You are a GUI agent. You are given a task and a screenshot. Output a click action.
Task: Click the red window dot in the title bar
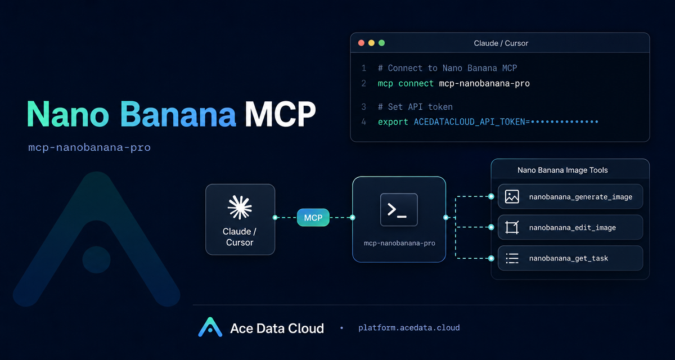click(361, 43)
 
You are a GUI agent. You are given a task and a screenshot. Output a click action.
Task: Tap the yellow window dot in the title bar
click(371, 43)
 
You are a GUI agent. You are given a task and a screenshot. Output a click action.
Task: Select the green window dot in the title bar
click(381, 43)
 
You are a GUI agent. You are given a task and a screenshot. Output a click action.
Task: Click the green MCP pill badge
click(313, 218)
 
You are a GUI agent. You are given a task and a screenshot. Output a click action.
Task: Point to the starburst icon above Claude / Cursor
click(240, 207)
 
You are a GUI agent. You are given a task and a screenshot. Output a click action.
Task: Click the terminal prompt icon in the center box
click(399, 210)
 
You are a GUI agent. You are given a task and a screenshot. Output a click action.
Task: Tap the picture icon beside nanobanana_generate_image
click(512, 197)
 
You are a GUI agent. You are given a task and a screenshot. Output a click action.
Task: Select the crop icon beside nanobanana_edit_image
click(512, 227)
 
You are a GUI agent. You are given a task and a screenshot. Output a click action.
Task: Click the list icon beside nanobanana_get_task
click(512, 258)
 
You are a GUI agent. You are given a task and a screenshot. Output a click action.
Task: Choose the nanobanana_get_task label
click(568, 259)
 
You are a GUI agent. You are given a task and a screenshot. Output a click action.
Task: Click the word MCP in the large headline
click(280, 114)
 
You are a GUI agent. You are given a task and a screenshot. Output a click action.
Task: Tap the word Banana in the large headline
click(178, 114)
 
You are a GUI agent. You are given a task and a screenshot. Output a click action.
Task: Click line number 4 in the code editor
click(364, 122)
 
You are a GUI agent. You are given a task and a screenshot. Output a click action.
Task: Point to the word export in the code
click(393, 122)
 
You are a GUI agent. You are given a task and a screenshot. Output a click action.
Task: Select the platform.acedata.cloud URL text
click(409, 328)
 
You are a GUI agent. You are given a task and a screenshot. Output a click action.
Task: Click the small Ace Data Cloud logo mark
click(210, 327)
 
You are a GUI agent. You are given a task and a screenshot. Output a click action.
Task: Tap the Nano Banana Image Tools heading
click(562, 170)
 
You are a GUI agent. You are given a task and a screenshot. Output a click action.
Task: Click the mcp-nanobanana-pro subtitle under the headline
click(89, 147)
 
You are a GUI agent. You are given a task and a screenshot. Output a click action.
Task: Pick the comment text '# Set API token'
click(415, 107)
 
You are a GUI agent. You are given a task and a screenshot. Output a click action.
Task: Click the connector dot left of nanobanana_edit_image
click(491, 227)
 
